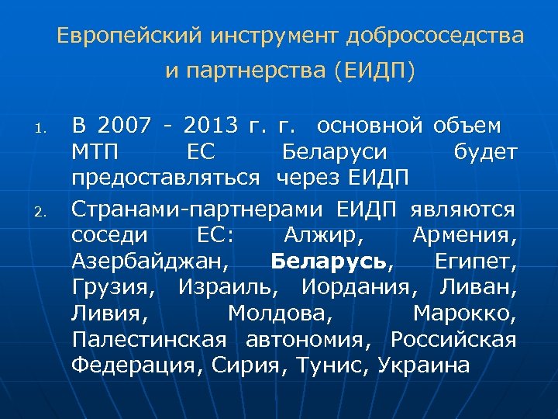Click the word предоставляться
pyautogui.click(x=166, y=178)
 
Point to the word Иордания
pyautogui.click(x=353, y=286)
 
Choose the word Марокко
pyautogui.click(x=464, y=313)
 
